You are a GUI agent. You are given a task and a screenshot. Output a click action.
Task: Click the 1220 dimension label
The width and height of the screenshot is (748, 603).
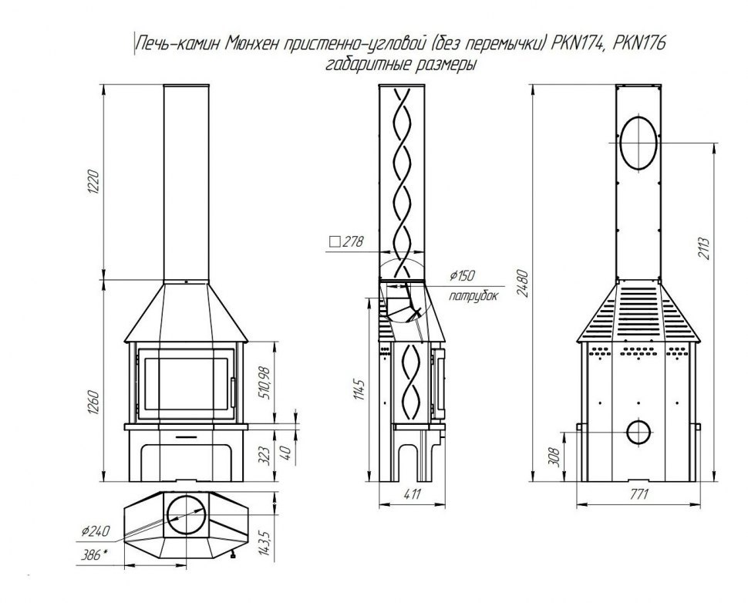point(94,181)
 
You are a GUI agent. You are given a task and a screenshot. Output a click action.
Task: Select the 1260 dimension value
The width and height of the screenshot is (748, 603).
point(94,403)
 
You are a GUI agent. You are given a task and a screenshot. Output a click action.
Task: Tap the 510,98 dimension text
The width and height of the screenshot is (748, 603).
point(264,382)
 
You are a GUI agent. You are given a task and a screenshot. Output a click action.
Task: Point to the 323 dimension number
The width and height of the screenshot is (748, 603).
point(265,455)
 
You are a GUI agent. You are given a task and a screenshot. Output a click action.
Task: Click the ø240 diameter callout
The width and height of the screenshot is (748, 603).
point(96,531)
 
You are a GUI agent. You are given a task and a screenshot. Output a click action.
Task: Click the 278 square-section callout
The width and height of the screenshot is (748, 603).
point(346,241)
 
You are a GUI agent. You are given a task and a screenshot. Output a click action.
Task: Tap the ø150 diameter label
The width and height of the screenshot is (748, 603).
point(462,275)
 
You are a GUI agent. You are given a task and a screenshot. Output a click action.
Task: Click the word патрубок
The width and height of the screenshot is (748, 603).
point(473,296)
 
